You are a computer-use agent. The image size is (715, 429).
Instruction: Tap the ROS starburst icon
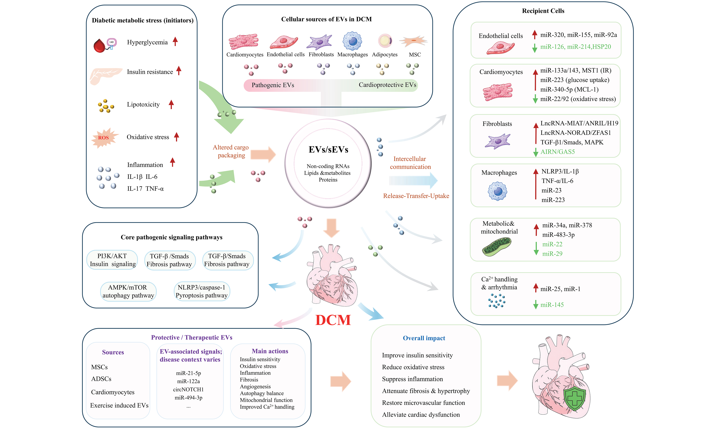coord(104,138)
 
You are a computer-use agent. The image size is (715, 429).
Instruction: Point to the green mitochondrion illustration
coord(496,247)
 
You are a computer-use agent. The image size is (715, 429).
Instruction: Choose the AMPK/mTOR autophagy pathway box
coord(128,291)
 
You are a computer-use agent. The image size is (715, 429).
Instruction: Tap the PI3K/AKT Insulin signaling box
coord(112,260)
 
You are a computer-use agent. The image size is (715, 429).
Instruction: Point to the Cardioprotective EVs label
coord(387,85)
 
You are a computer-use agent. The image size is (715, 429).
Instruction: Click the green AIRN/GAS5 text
coord(558,152)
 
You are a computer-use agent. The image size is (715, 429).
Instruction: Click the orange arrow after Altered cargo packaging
coord(263,154)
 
